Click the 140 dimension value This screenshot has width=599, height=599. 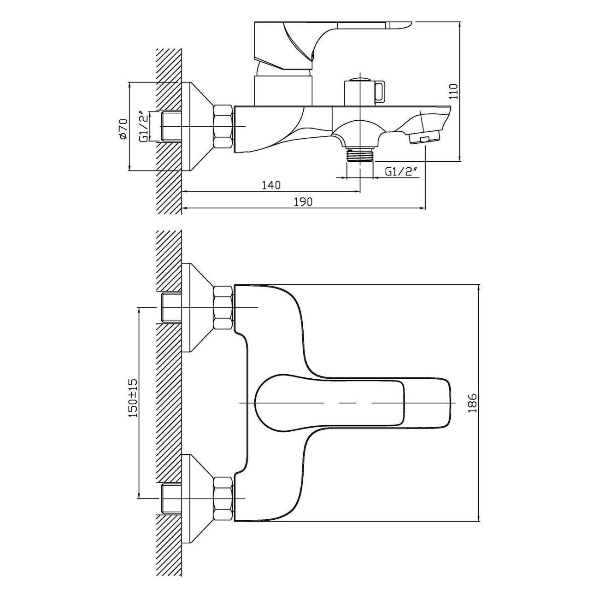[271, 185]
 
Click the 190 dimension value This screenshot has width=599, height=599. [303, 202]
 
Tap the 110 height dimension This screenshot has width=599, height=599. [454, 92]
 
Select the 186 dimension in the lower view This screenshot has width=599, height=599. [471, 403]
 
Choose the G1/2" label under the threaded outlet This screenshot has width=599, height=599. [400, 172]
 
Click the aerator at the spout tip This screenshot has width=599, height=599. [424, 138]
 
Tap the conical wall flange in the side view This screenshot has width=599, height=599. [196, 126]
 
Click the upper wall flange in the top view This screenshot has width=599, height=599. [196, 307]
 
